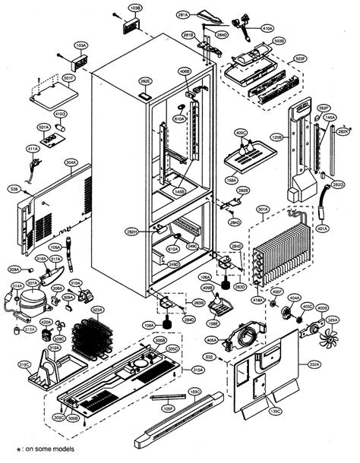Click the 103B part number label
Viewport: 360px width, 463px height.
[136, 8]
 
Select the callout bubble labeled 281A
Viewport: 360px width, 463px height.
[182, 14]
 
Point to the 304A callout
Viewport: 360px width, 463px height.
[71, 162]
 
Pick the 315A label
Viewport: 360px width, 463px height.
[197, 370]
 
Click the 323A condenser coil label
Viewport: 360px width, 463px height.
[97, 310]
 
